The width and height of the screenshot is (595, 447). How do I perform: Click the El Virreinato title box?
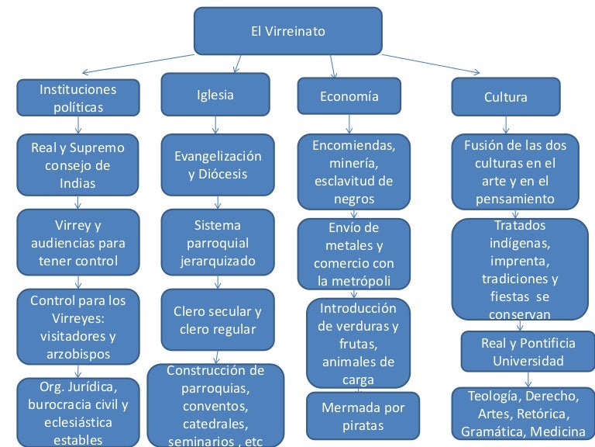point(287,32)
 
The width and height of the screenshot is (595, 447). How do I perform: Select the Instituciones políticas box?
point(77,98)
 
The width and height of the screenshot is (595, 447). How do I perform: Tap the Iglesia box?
point(215,95)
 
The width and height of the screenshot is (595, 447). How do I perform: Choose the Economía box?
point(349,96)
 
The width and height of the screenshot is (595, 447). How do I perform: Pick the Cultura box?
point(505,97)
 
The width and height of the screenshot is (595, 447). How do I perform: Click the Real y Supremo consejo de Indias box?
point(77,165)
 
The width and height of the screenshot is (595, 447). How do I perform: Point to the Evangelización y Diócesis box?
point(217,164)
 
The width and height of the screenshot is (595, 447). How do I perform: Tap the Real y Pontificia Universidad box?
point(528,352)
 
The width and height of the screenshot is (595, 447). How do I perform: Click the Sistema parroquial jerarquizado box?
point(217,242)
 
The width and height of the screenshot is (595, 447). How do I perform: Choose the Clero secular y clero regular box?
point(217,320)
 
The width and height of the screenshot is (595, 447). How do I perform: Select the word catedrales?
point(215,424)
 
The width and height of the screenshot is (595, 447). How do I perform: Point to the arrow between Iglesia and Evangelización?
point(215,124)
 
